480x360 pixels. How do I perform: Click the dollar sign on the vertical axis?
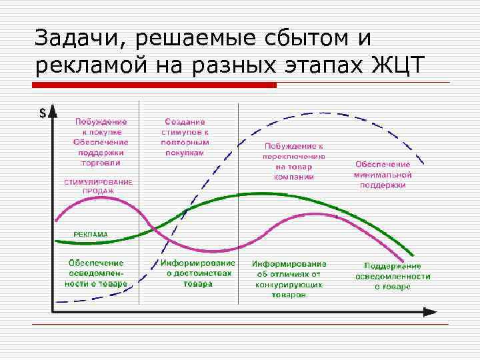[43, 113]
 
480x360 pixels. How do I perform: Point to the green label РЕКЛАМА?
[91, 235]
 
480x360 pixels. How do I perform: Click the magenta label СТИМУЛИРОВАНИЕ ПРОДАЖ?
[98, 186]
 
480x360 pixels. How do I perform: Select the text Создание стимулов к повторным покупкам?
[185, 137]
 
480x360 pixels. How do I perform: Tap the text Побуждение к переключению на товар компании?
[293, 161]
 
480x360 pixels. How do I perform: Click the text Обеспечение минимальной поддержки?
[383, 175]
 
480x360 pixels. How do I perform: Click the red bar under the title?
[155, 85]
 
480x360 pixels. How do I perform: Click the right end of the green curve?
[413, 256]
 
